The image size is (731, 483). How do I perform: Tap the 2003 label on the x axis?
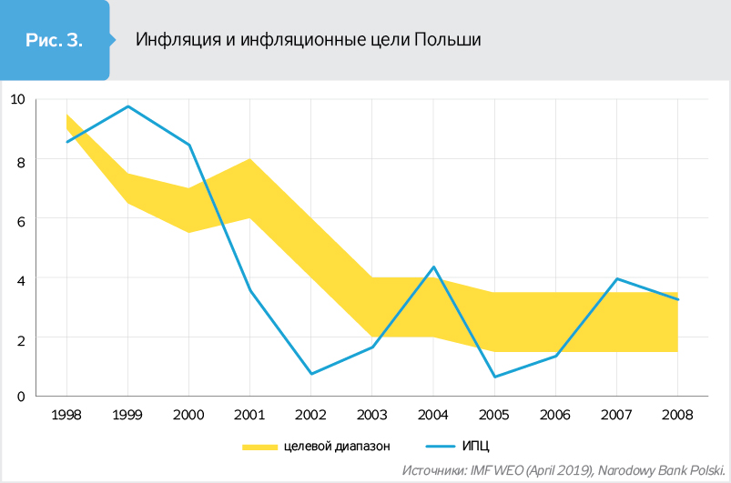(x=372, y=416)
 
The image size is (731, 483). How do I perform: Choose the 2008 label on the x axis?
(x=677, y=416)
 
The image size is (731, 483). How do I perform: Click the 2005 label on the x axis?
(x=494, y=416)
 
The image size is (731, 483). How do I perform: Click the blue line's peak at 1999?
(x=128, y=106)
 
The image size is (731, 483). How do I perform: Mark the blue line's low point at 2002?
(x=311, y=374)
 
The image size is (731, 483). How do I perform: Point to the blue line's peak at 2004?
(x=433, y=267)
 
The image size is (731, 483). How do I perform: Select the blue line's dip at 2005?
(x=494, y=377)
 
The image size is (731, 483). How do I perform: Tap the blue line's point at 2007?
(x=617, y=278)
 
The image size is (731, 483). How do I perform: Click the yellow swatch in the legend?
(x=259, y=447)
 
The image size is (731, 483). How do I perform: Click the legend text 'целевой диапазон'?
(x=336, y=447)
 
